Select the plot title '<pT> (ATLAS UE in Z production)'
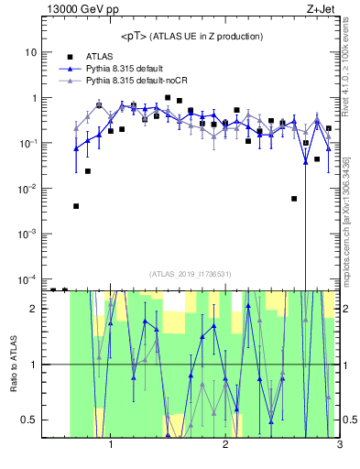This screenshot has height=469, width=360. pyautogui.click(x=191, y=36)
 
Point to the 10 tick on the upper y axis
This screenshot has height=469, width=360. pyautogui.click(x=30, y=52)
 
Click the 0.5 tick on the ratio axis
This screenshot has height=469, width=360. pyautogui.click(x=29, y=420)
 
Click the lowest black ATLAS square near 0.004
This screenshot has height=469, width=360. pyautogui.click(x=76, y=206)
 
